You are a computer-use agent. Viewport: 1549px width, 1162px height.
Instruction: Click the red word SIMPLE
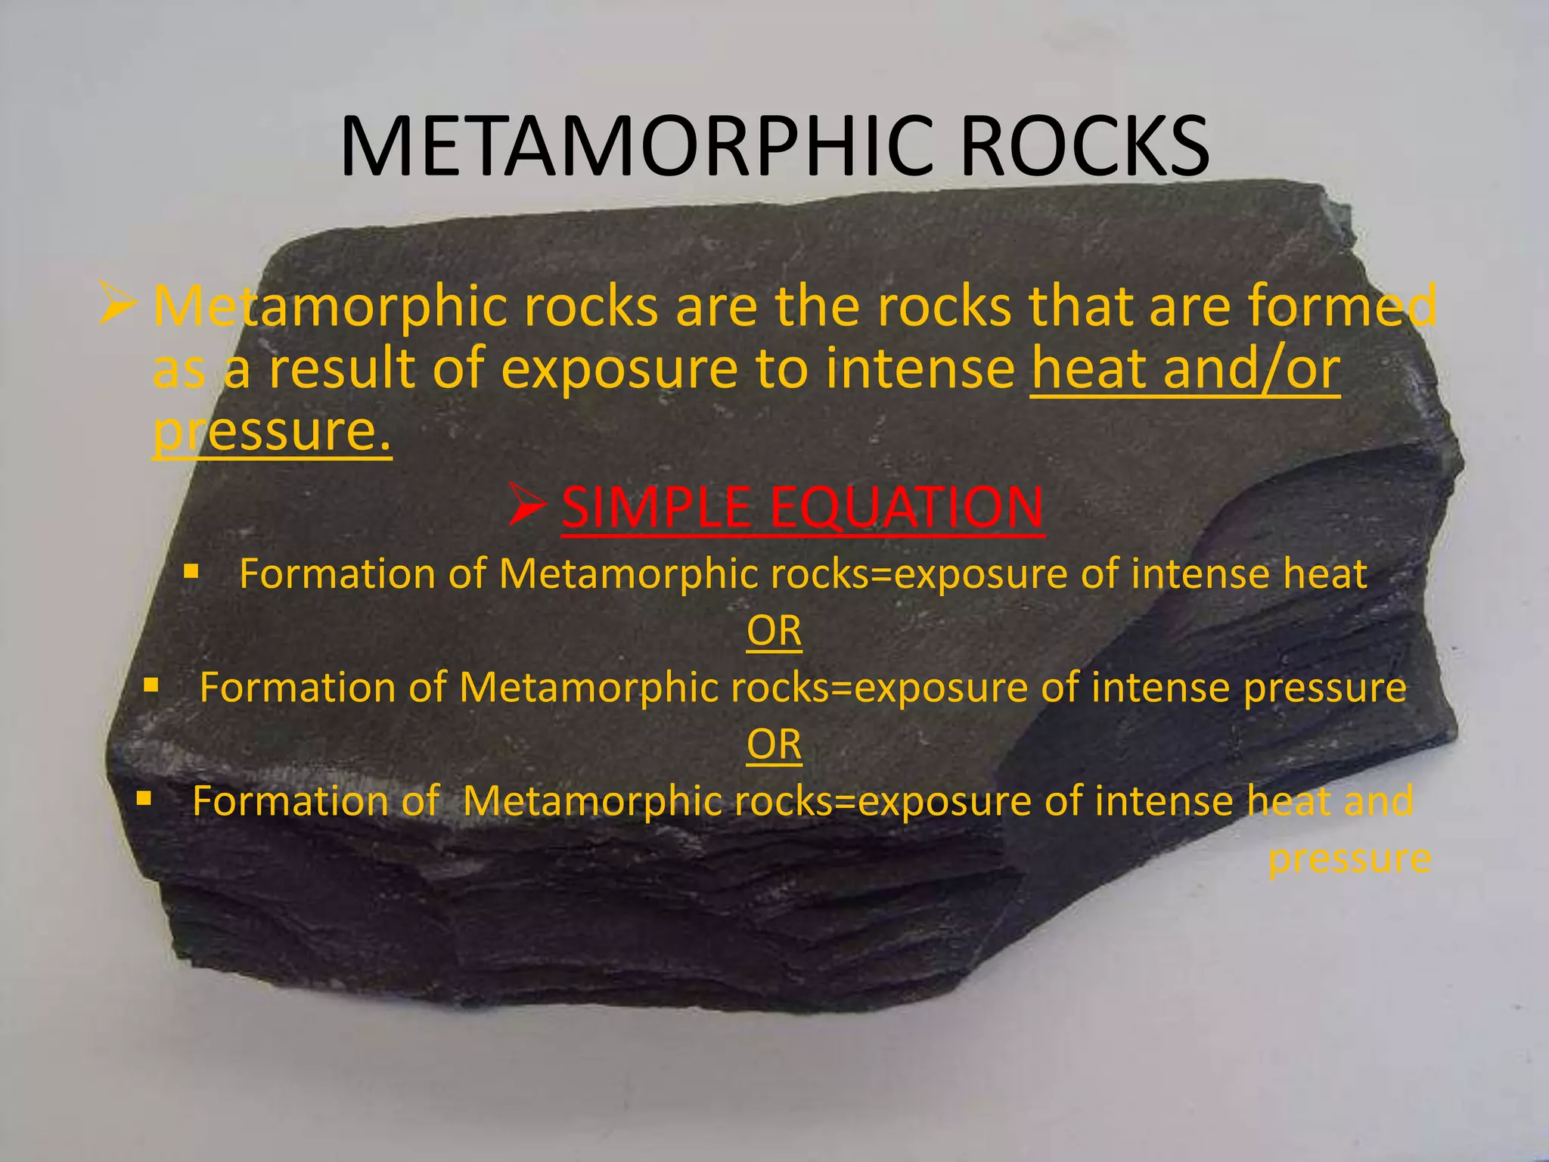click(655, 507)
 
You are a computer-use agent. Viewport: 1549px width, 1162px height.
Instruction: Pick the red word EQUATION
click(907, 507)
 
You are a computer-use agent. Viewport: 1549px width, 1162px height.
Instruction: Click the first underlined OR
click(774, 631)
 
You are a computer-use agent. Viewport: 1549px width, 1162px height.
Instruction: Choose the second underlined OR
click(774, 744)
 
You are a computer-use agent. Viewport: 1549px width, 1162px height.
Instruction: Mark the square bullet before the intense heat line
click(191, 571)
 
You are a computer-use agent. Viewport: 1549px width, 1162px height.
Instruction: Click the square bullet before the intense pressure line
click(151, 685)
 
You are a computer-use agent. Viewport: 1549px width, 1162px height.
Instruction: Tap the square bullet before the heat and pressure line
click(144, 798)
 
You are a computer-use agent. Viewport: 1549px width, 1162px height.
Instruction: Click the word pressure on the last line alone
click(1349, 859)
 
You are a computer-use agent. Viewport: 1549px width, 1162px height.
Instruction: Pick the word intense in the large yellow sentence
click(920, 369)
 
